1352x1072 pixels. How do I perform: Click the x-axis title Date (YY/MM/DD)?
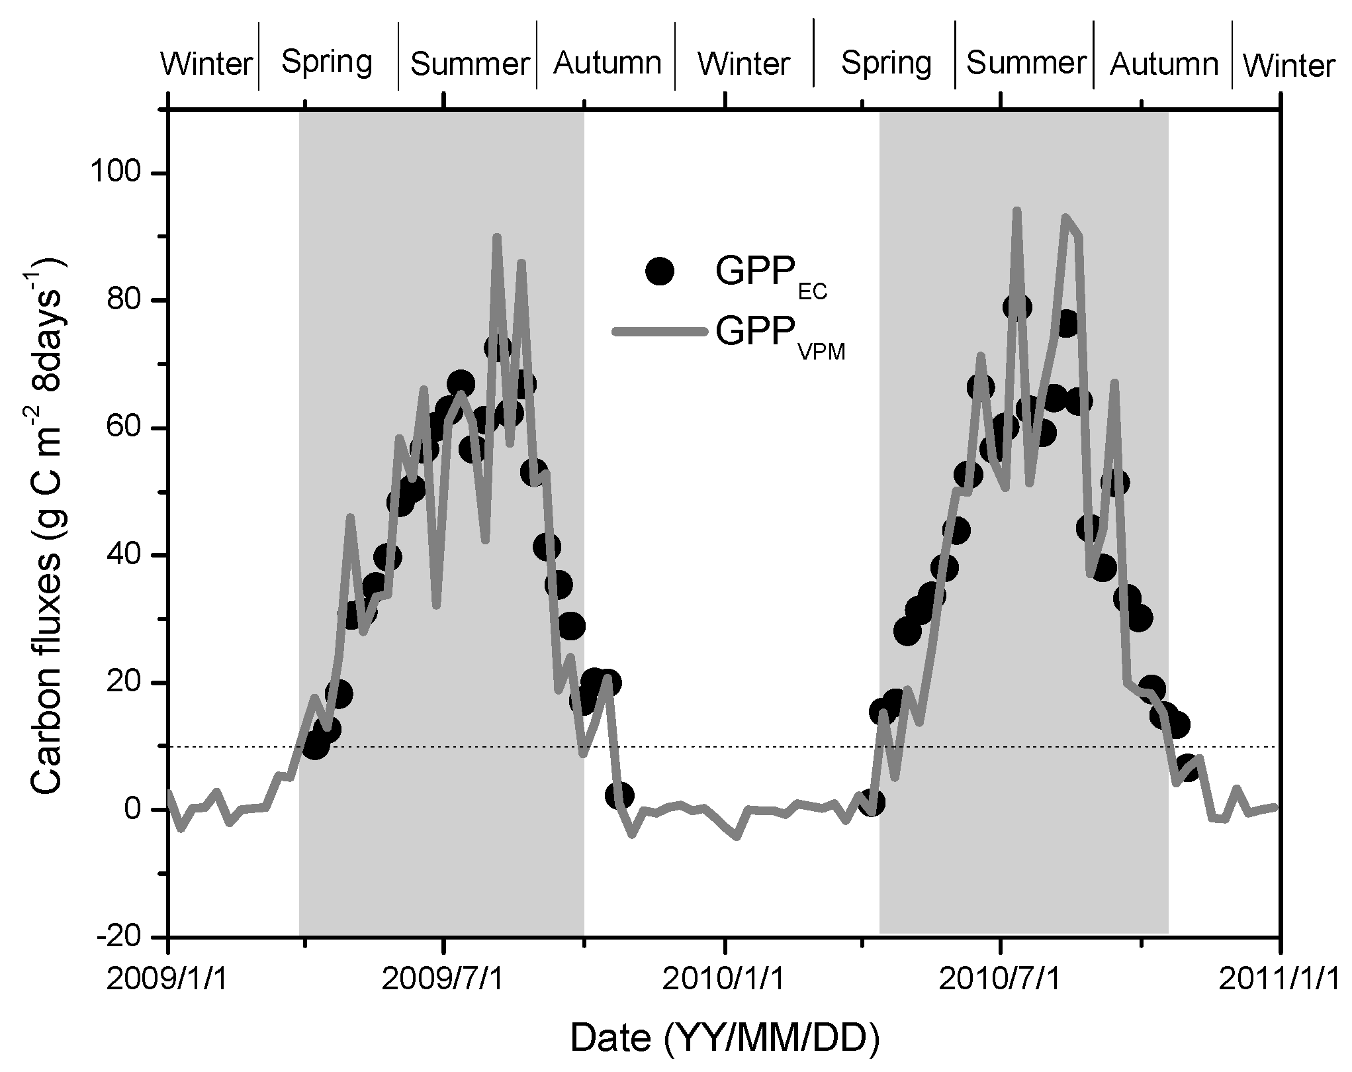[725, 1038]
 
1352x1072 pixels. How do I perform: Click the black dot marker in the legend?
[660, 271]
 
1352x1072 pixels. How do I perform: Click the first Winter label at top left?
[207, 65]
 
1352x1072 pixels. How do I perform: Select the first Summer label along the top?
[469, 64]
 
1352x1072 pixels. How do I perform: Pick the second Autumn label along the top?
[1164, 64]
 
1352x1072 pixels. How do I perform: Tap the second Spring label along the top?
[886, 63]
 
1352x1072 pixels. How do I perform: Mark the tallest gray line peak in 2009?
[497, 236]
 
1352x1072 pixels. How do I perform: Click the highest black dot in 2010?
[1016, 307]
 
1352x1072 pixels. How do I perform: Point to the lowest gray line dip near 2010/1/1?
[737, 838]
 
